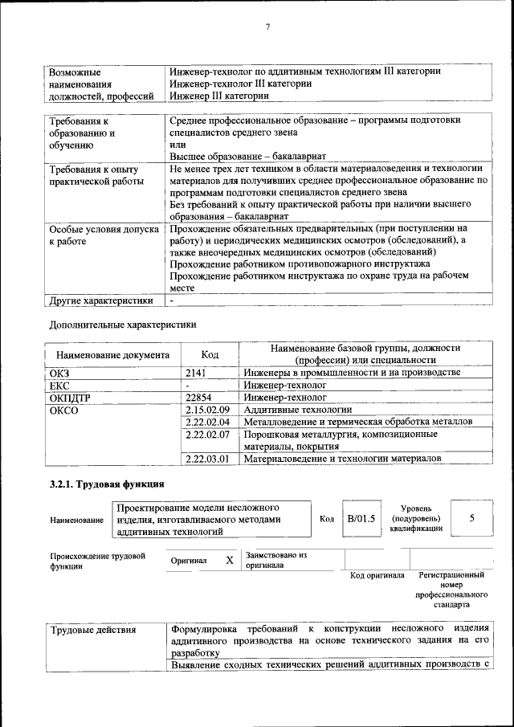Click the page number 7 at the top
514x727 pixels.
click(267, 27)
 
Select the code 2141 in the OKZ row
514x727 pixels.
click(196, 373)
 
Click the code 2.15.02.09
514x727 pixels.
click(207, 410)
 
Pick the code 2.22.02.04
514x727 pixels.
click(207, 422)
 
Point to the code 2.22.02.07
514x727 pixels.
click(207, 435)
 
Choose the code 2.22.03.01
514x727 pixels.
click(207, 459)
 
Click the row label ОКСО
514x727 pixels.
click(63, 410)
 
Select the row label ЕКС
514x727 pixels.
click(60, 385)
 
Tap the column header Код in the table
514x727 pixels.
click(209, 354)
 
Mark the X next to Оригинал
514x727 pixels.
click(229, 560)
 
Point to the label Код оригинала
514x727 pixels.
click(377, 575)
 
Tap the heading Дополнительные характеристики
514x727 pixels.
click(123, 325)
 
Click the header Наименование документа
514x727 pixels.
click(112, 354)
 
